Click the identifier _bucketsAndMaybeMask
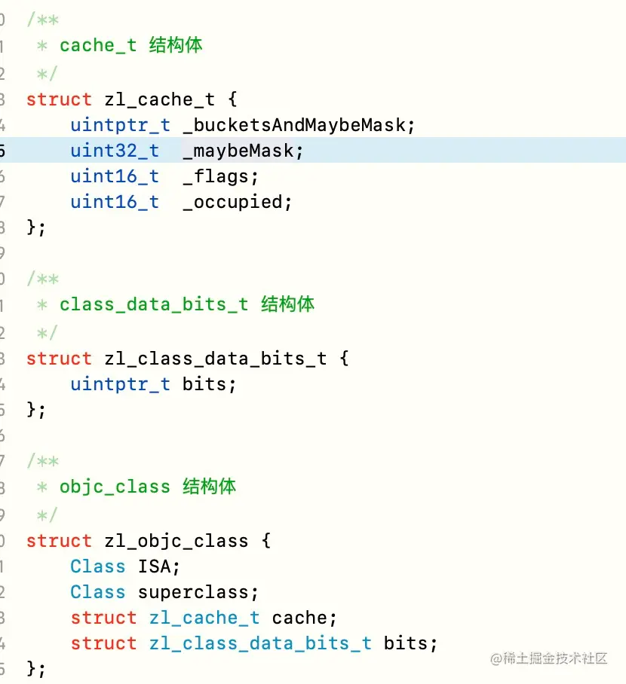click(299, 125)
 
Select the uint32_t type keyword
click(115, 151)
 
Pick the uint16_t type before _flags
click(115, 176)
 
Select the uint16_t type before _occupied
click(115, 202)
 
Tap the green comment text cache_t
click(98, 45)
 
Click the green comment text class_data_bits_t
click(153, 304)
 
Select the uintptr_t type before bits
click(120, 384)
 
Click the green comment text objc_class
click(115, 487)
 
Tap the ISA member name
click(154, 566)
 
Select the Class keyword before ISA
click(97, 566)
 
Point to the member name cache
click(299, 618)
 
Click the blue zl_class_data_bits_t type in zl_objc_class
click(259, 643)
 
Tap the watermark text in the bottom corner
click(549, 658)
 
